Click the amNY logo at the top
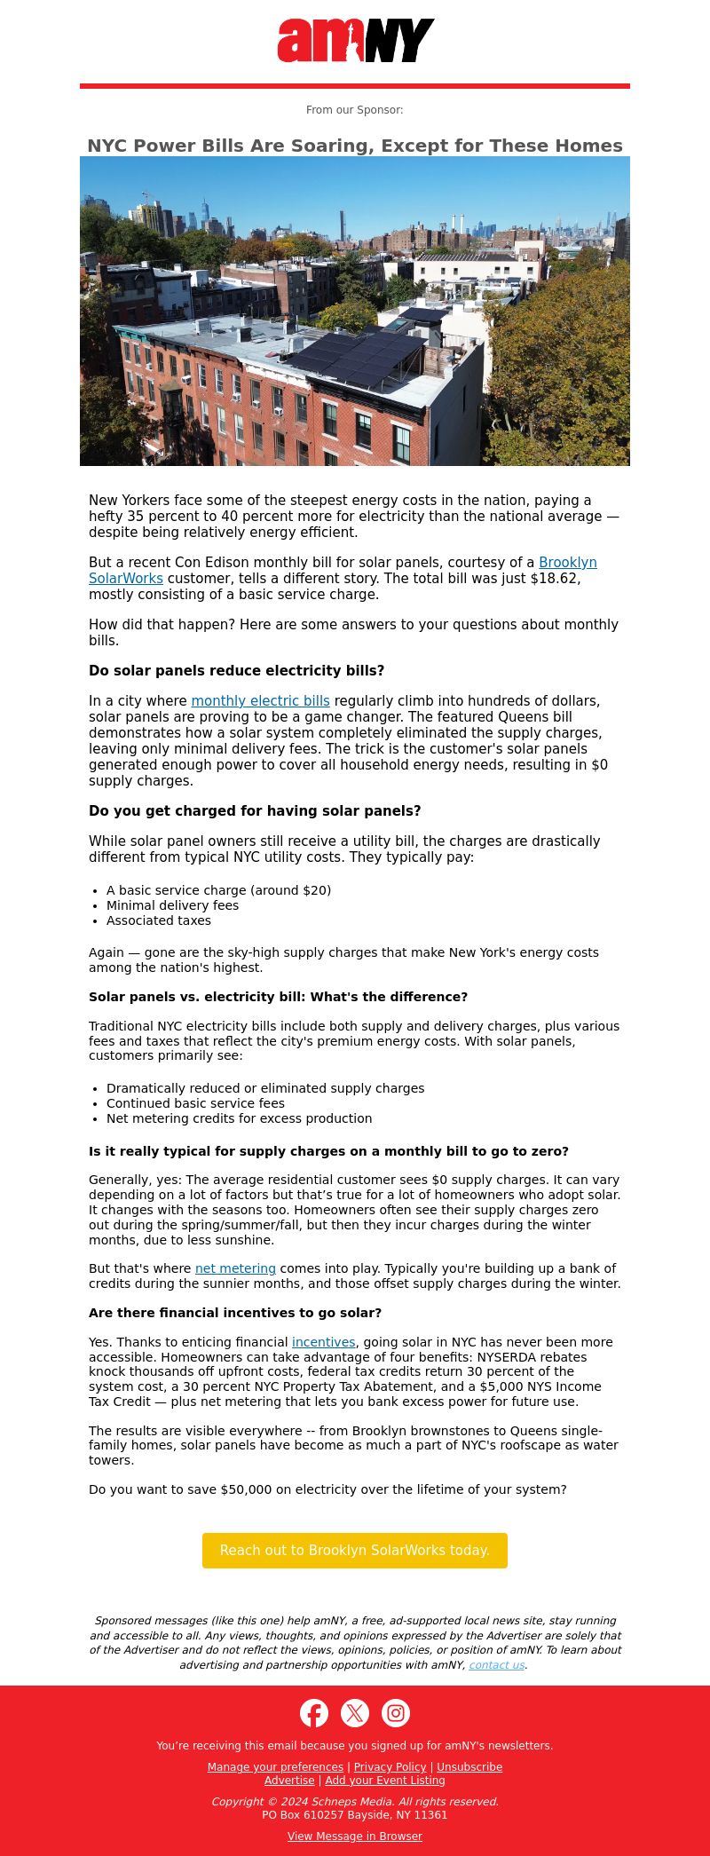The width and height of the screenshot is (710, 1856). tap(355, 41)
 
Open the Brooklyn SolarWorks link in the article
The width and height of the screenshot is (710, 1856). tap(567, 563)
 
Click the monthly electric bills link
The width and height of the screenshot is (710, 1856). tap(260, 701)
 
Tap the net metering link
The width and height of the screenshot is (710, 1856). tap(235, 1268)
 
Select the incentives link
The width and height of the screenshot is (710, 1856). tap(323, 1342)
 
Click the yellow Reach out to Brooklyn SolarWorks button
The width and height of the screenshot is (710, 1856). tap(355, 1550)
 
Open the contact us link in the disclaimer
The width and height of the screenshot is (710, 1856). tap(496, 1665)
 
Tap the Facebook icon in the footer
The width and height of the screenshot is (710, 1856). tap(314, 1713)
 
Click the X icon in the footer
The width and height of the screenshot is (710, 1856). tap(355, 1713)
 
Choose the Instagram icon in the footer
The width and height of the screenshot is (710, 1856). tap(396, 1713)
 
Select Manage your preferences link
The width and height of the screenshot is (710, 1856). tap(275, 1767)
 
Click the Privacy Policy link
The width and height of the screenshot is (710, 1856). tap(390, 1767)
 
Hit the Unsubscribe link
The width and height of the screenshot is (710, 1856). tap(469, 1767)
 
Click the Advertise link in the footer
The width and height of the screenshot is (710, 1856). tap(289, 1781)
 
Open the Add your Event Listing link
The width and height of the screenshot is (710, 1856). tap(385, 1781)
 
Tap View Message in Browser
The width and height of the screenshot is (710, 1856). tap(355, 1836)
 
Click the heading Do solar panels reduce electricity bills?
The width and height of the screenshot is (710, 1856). tap(236, 671)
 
